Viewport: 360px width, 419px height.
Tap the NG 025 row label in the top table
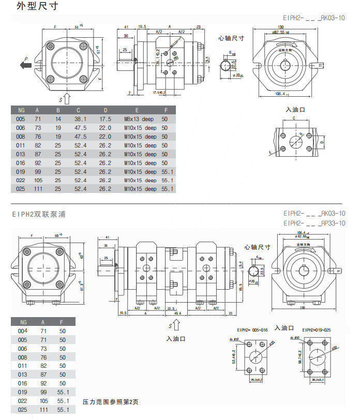(20, 189)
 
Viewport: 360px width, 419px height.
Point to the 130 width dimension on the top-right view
(281, 27)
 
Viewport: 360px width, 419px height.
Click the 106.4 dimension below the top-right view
(280, 94)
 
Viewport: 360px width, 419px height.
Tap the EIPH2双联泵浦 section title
(39, 213)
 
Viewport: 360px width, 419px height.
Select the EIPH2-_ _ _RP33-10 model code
(314, 223)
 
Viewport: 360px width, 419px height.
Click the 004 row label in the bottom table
(22, 331)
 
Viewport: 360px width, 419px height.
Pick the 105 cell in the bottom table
(38, 401)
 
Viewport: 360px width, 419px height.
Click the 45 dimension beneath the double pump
(176, 313)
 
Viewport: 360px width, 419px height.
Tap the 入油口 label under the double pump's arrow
(176, 339)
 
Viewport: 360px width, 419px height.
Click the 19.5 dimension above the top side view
(142, 26)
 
